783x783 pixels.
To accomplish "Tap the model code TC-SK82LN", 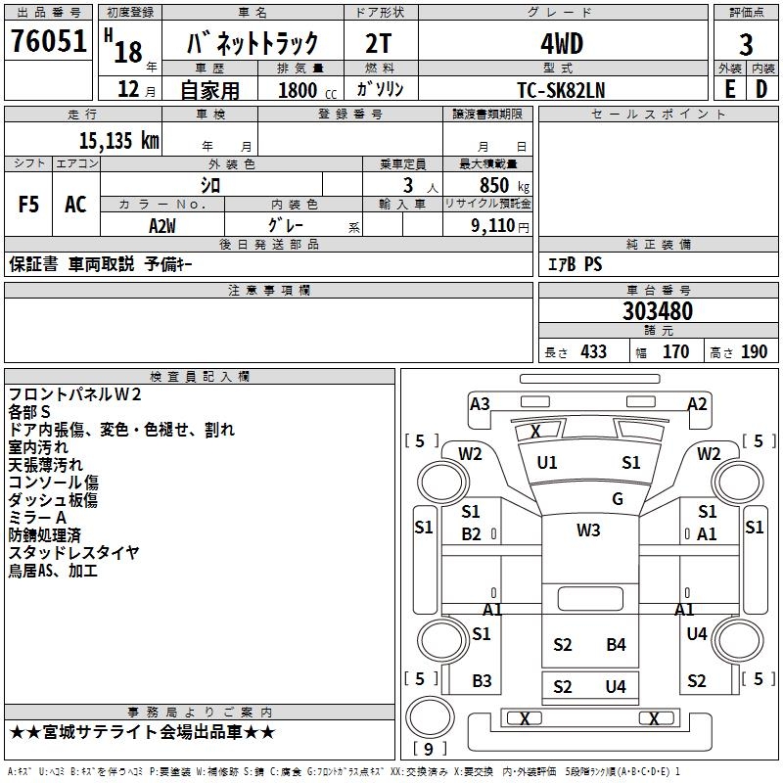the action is pyautogui.click(x=561, y=88).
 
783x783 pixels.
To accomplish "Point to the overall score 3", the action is pyautogui.click(x=746, y=44).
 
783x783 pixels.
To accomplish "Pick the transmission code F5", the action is pyautogui.click(x=28, y=205).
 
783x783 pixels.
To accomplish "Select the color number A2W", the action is pyautogui.click(x=161, y=225).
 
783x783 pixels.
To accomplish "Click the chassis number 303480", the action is pyautogui.click(x=658, y=311).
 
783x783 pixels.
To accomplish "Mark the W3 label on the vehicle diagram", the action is pyautogui.click(x=588, y=530).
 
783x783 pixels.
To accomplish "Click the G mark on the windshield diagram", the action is pyautogui.click(x=618, y=499).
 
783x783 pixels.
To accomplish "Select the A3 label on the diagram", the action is pyautogui.click(x=480, y=404).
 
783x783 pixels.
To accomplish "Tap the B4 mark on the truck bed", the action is pyautogui.click(x=616, y=644).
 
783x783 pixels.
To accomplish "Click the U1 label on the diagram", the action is pyautogui.click(x=547, y=463).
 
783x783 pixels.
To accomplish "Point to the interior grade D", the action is pyautogui.click(x=761, y=88).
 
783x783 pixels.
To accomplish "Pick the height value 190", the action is pyautogui.click(x=754, y=352).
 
